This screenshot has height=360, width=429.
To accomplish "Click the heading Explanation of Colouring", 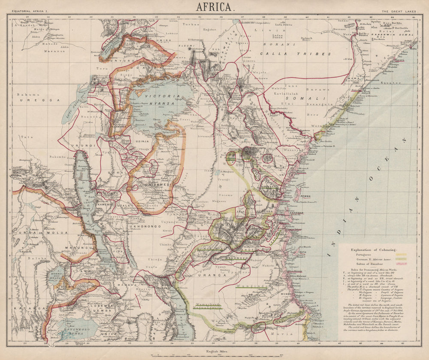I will click(x=374, y=249).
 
